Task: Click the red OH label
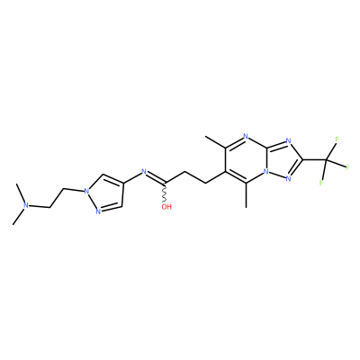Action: tap(166, 206)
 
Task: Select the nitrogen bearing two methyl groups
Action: tap(26, 205)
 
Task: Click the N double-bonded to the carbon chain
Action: tap(143, 172)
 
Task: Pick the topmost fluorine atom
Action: tap(337, 139)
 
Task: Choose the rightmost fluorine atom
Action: tap(348, 167)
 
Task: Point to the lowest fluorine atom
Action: tap(321, 182)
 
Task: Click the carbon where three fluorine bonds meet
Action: tap(327, 160)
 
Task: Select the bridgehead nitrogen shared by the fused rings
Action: tap(265, 172)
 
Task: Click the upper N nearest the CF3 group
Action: tap(288, 140)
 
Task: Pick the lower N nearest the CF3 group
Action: tap(288, 179)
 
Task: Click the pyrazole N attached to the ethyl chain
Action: tap(86, 191)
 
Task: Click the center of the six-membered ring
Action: tap(246, 160)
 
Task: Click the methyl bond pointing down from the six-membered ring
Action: tap(246, 195)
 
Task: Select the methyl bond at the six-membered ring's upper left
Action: tap(215, 142)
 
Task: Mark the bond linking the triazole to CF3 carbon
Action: tap(315, 160)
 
